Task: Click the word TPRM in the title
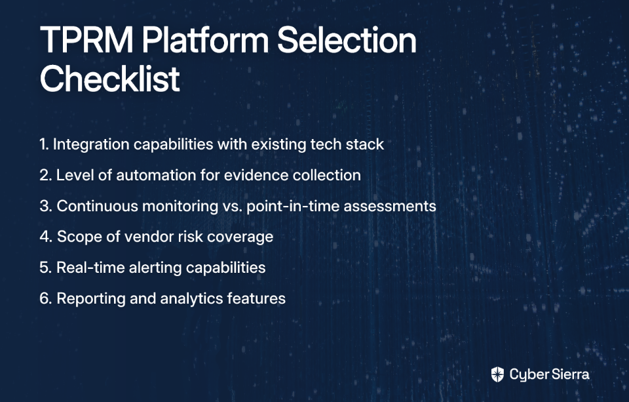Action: click(x=86, y=40)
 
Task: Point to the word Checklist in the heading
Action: click(x=110, y=78)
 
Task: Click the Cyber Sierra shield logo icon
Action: click(x=497, y=374)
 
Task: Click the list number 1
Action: click(x=44, y=144)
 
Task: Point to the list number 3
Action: click(x=46, y=206)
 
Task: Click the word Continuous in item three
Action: click(x=97, y=206)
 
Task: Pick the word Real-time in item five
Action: click(x=90, y=268)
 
